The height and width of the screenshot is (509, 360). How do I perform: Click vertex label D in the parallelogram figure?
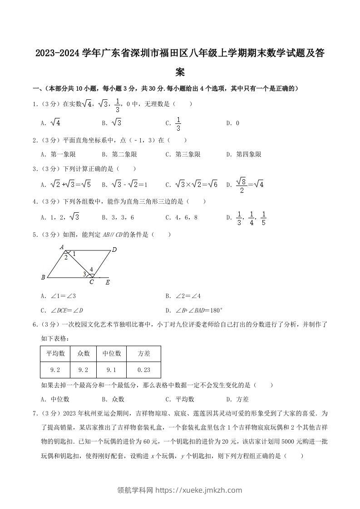click(114, 250)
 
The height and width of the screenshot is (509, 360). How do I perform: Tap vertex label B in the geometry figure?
click(43, 277)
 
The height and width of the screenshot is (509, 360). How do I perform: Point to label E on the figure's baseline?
click(108, 282)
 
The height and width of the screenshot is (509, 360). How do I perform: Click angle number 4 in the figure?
click(91, 269)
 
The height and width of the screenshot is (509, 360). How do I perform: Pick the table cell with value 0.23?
click(143, 370)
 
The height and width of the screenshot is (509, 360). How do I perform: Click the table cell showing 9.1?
click(111, 370)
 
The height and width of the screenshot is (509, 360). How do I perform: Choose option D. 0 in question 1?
click(233, 123)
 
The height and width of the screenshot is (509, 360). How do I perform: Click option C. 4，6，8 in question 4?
click(182, 217)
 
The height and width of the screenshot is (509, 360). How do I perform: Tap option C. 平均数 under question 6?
click(180, 399)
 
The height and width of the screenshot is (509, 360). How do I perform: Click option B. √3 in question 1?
click(112, 123)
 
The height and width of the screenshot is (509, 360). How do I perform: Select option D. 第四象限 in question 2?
click(244, 154)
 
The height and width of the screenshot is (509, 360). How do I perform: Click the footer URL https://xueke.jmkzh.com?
click(199, 490)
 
